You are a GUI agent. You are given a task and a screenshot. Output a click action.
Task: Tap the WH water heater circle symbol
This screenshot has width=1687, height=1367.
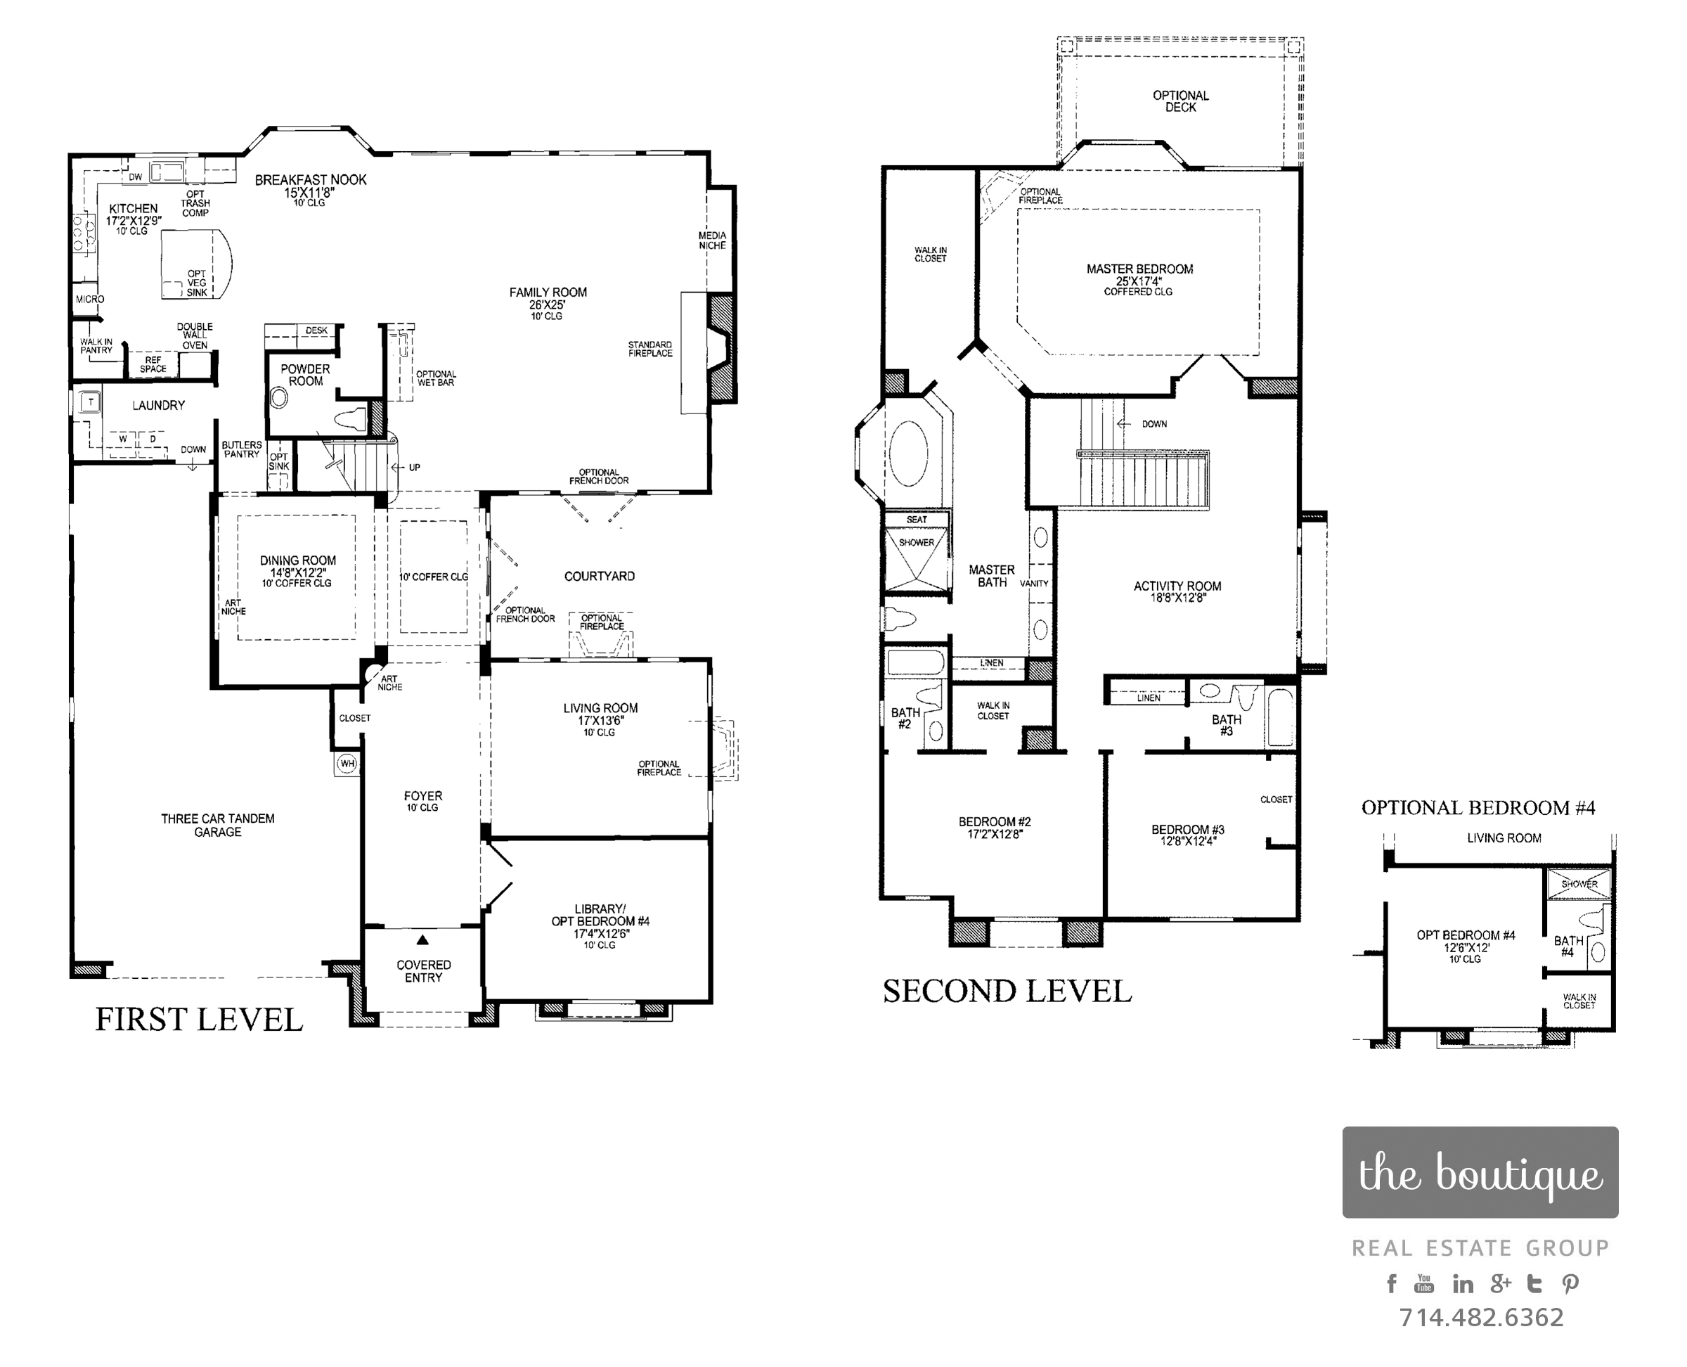tap(347, 763)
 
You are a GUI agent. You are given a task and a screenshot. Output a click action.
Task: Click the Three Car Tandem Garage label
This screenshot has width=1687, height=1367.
tap(218, 826)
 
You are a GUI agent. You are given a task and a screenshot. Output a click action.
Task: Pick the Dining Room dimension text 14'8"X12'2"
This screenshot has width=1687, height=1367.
tap(298, 572)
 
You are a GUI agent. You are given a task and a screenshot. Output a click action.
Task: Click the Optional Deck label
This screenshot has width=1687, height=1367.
tap(1181, 101)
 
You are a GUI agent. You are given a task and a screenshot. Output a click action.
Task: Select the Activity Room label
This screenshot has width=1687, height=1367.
tap(1177, 586)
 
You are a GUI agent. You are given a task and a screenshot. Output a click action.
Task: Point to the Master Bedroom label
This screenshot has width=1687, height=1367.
tap(1140, 269)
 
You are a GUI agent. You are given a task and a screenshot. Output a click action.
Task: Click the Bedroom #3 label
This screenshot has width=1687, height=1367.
tap(1188, 829)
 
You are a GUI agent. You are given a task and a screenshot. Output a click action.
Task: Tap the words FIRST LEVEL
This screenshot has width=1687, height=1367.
tap(199, 1020)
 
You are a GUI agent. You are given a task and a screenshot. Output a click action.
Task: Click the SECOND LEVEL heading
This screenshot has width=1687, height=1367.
tap(1008, 991)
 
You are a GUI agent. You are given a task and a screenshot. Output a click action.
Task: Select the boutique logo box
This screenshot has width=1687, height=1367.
tap(1480, 1172)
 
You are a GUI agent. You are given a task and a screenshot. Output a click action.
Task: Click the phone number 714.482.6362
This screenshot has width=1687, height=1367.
tap(1481, 1317)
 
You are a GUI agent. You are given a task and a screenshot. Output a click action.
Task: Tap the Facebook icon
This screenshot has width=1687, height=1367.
tap(1392, 1283)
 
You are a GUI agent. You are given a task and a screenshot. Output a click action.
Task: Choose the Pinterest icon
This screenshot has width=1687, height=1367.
tap(1570, 1284)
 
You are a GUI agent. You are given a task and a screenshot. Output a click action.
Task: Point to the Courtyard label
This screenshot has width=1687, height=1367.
tap(600, 577)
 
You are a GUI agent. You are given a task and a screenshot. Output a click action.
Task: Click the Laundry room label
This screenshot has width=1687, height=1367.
tap(158, 406)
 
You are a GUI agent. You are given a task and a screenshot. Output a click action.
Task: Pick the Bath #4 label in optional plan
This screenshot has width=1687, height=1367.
tap(1568, 946)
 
